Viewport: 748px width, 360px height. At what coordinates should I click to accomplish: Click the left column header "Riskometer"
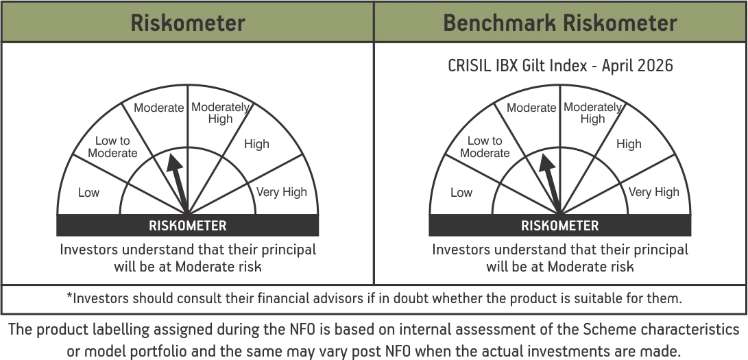pyautogui.click(x=188, y=23)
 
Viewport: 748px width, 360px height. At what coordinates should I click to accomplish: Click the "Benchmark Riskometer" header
pyautogui.click(x=560, y=23)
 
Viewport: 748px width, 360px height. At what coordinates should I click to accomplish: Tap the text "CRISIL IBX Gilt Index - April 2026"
pyautogui.click(x=560, y=65)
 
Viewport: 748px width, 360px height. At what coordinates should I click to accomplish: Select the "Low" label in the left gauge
pyautogui.click(x=88, y=193)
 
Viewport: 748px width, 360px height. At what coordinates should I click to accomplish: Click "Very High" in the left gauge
pyautogui.click(x=282, y=192)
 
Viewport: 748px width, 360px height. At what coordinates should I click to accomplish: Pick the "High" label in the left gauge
pyautogui.click(x=256, y=144)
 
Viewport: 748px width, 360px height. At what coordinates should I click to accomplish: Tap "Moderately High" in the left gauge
pyautogui.click(x=220, y=113)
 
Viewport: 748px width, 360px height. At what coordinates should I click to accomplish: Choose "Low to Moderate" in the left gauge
pyautogui.click(x=112, y=147)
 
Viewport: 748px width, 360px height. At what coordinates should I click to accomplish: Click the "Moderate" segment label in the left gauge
pyautogui.click(x=159, y=108)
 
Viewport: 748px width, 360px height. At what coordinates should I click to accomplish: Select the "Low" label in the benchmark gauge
pyautogui.click(x=461, y=193)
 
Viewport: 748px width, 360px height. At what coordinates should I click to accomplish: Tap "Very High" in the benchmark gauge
pyautogui.click(x=654, y=192)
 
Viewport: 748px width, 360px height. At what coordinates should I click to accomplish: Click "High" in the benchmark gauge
pyautogui.click(x=629, y=144)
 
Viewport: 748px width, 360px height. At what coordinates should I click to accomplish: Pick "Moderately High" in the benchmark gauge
pyautogui.click(x=593, y=113)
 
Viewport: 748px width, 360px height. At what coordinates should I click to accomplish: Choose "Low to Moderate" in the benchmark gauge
pyautogui.click(x=485, y=147)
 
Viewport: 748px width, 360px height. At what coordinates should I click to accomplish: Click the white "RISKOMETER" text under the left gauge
pyautogui.click(x=187, y=226)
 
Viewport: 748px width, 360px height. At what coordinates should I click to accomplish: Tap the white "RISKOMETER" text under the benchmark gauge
pyautogui.click(x=559, y=226)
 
